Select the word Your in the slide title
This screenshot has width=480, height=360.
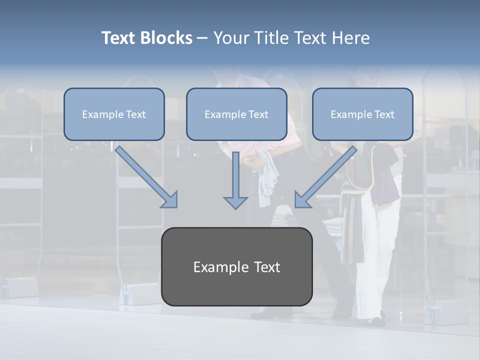[230, 38]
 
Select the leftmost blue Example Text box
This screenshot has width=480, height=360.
[114, 114]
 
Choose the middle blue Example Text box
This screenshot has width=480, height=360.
[236, 114]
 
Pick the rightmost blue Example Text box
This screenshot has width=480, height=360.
[362, 114]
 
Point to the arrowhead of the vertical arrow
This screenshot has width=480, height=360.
[235, 202]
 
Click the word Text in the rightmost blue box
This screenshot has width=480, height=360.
[384, 114]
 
